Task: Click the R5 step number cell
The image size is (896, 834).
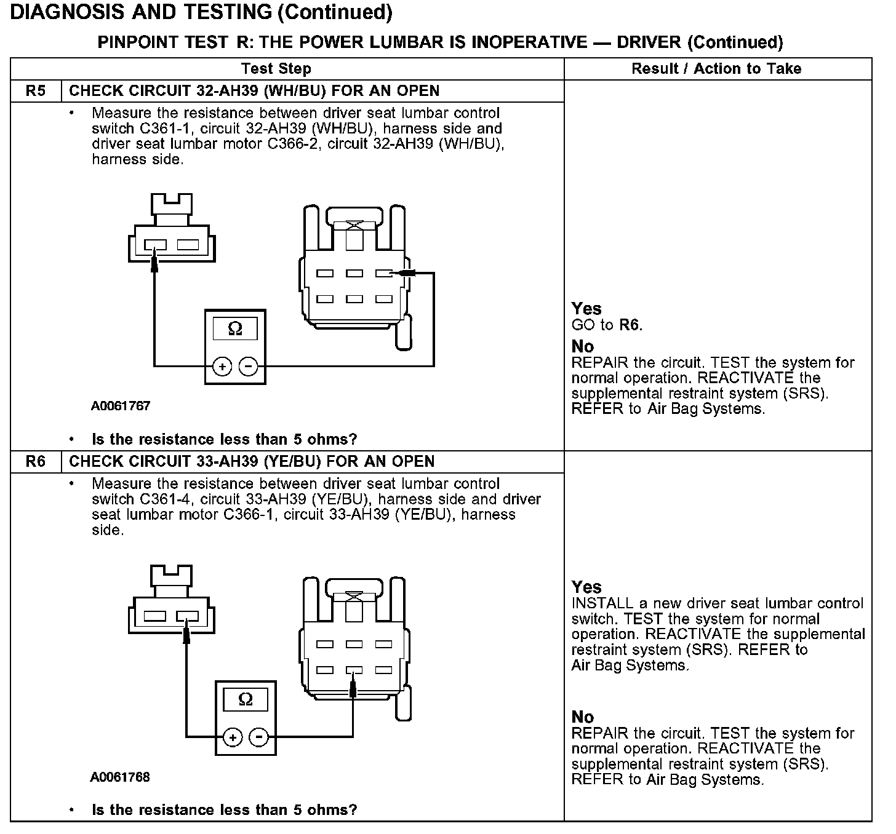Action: [x=36, y=91]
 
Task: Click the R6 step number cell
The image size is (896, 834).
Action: [x=36, y=462]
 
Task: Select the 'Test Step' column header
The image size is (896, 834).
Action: [x=276, y=69]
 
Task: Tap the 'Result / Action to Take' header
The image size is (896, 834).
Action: [x=716, y=69]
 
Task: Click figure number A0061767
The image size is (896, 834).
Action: [x=121, y=406]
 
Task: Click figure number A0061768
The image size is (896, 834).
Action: [x=121, y=777]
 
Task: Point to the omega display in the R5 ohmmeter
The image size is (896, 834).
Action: [x=235, y=329]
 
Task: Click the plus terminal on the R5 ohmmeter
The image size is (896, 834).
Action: [x=222, y=367]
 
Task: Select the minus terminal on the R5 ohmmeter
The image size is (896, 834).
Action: [x=249, y=367]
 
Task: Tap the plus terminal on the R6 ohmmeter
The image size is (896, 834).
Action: [x=232, y=737]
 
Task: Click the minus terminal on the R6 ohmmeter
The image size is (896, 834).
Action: [x=259, y=737]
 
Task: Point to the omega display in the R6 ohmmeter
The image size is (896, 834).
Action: [x=246, y=700]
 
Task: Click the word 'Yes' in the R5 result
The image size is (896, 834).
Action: [x=586, y=309]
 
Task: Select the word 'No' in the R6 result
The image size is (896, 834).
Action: [x=582, y=717]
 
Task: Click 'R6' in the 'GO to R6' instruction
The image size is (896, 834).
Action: [x=629, y=325]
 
